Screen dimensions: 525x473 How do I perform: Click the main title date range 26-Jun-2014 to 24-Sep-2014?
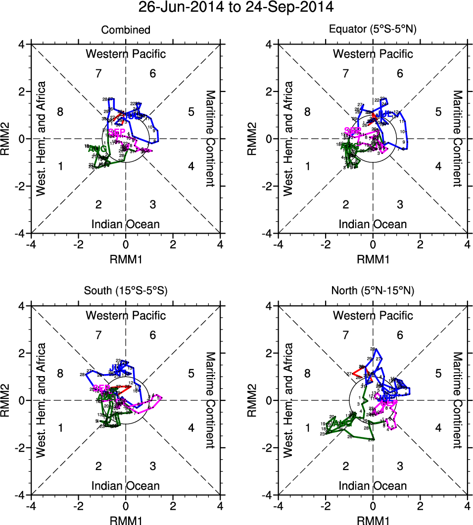(236, 7)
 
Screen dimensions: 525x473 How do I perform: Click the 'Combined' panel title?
(126, 30)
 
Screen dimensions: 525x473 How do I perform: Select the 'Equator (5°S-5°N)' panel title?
(373, 30)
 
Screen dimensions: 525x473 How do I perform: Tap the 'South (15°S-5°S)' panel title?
(126, 291)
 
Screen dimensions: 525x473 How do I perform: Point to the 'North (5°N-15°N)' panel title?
(373, 291)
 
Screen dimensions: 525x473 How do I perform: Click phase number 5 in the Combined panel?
(191, 112)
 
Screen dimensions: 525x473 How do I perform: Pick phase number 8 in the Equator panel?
(307, 112)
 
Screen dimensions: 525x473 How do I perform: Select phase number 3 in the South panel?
(153, 466)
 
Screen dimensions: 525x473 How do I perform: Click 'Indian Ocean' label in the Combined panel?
(126, 224)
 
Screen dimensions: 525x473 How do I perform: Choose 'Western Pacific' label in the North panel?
(373, 315)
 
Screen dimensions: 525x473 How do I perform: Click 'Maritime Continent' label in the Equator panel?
(458, 139)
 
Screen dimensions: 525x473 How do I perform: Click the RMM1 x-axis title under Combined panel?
(126, 258)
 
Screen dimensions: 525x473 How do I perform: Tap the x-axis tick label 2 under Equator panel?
(420, 244)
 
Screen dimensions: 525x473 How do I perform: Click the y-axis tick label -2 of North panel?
(268, 447)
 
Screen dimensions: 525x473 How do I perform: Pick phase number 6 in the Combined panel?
(153, 74)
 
